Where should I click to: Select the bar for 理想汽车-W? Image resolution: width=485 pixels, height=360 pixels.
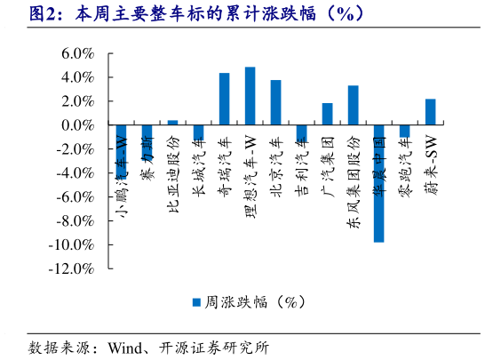click(x=250, y=96)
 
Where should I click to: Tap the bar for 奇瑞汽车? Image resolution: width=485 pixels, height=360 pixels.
click(x=224, y=99)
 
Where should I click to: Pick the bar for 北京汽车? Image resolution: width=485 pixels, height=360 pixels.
click(x=275, y=102)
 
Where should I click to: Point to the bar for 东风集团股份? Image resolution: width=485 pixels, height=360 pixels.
click(x=353, y=105)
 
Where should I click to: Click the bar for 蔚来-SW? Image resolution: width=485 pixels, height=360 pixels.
click(x=430, y=112)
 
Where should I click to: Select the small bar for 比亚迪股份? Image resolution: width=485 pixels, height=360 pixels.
click(x=172, y=123)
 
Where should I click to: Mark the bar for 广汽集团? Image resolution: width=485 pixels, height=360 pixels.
click(x=327, y=114)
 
